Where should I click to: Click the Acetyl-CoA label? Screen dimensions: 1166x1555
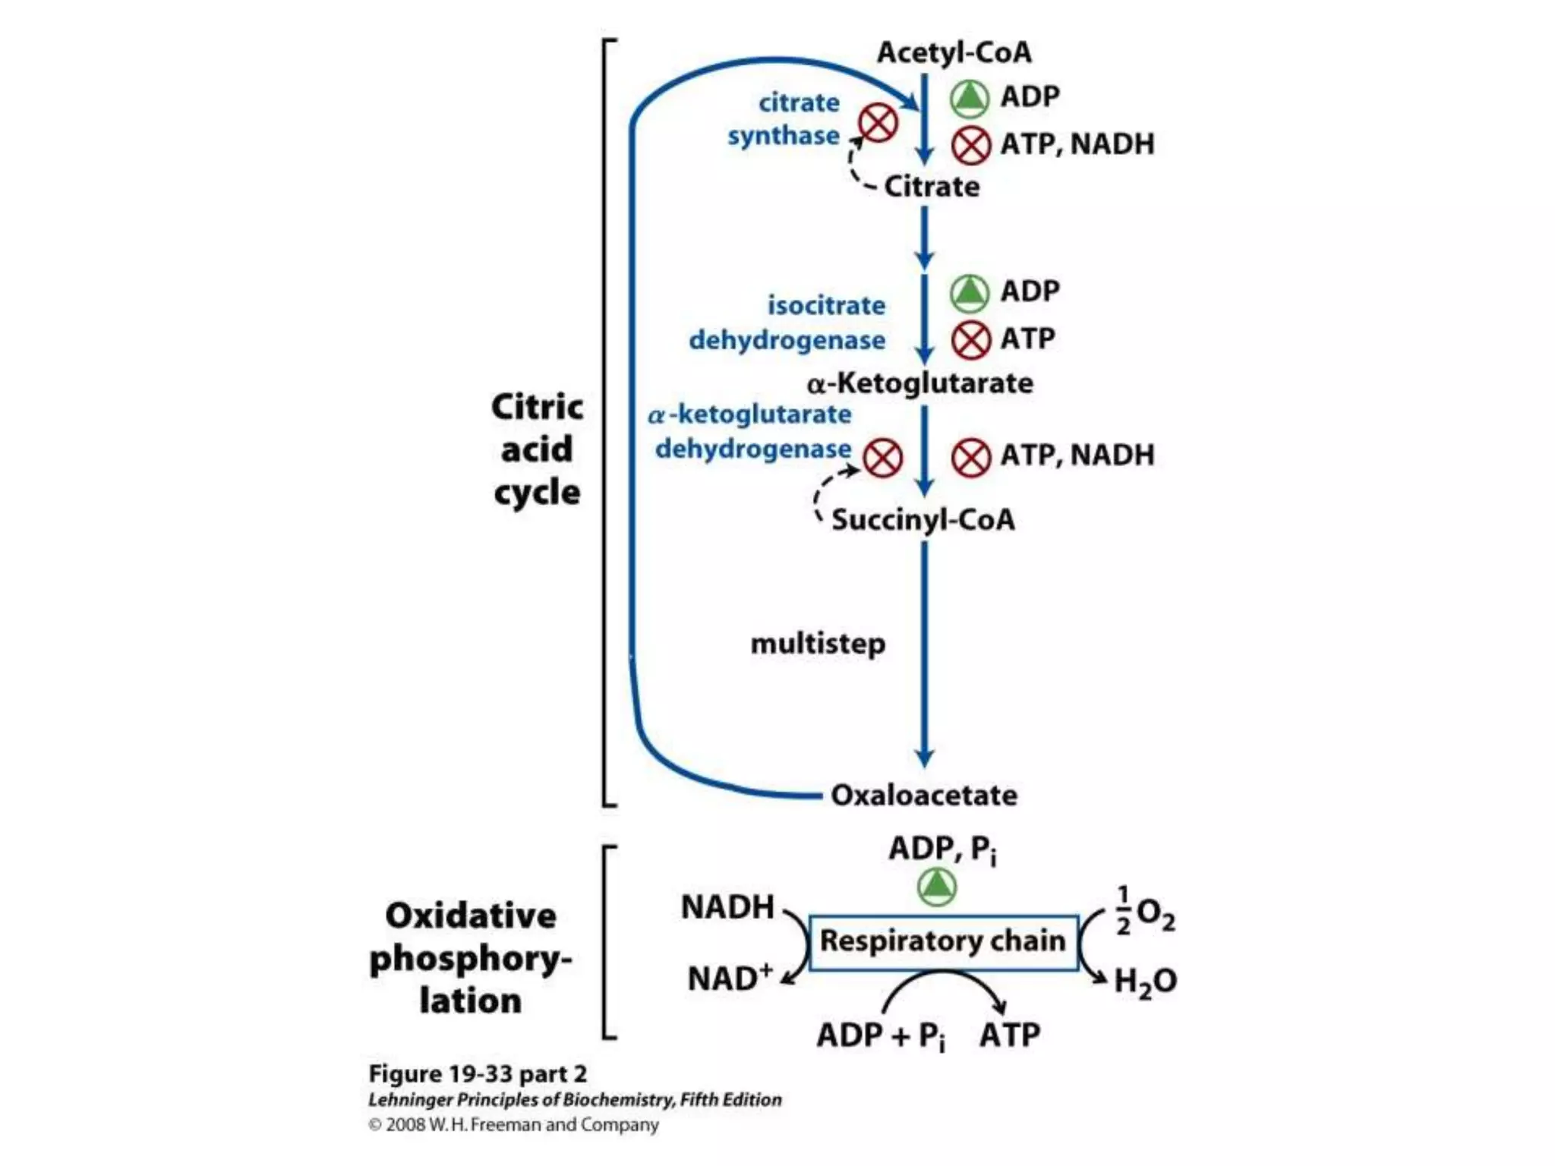[954, 52]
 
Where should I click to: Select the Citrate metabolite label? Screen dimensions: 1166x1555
[932, 187]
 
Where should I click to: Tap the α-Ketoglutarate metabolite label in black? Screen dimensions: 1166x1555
[919, 383]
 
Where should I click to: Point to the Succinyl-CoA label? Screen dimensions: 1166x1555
[923, 520]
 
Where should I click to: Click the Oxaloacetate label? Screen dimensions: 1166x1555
[923, 795]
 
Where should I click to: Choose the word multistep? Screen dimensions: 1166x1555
[818, 644]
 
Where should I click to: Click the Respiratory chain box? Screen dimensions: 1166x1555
[943, 942]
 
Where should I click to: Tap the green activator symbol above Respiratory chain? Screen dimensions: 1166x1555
[937, 887]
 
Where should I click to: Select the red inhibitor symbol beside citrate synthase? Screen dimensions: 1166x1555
[878, 123]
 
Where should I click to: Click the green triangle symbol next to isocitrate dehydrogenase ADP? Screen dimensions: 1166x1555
[970, 292]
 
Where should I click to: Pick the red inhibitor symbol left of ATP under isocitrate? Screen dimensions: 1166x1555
[971, 339]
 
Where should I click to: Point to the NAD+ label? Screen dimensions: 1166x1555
[729, 978]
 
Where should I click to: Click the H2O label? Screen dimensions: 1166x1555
[1145, 981]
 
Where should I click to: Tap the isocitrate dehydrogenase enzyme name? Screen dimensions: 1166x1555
[787, 323]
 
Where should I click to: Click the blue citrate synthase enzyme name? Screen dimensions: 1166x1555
[784, 119]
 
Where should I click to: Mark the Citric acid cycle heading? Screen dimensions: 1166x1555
[537, 449]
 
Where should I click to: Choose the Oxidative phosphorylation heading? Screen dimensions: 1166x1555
[470, 958]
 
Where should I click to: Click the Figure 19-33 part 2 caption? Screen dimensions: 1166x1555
[478, 1073]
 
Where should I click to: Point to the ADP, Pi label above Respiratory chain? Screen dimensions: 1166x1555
[942, 849]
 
